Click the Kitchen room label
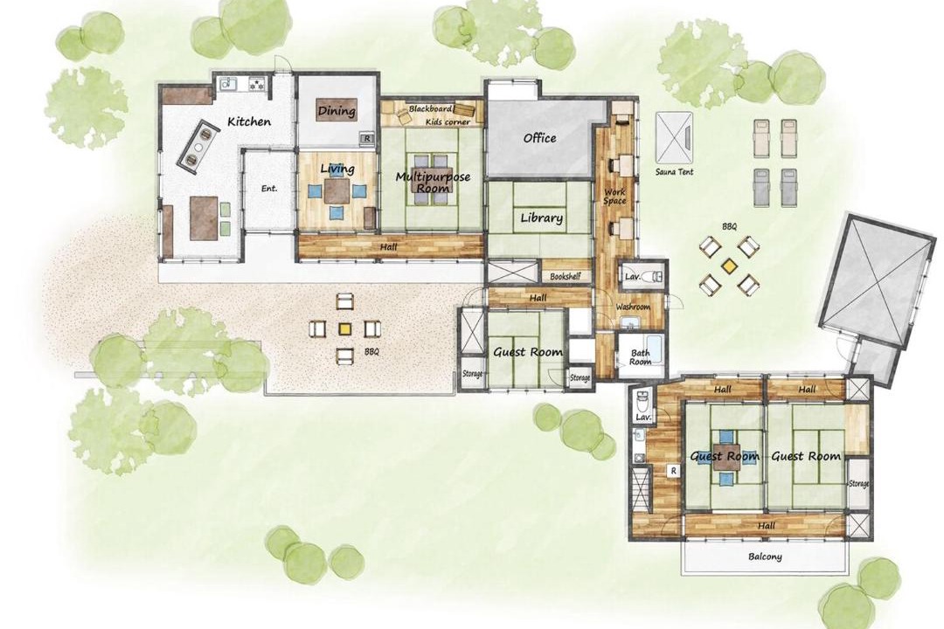(248, 121)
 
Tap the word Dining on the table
(337, 111)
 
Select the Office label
(539, 138)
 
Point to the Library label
(541, 218)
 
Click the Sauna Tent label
(674, 171)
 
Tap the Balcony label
(765, 556)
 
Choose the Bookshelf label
(566, 276)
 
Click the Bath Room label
(641, 357)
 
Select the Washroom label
(633, 307)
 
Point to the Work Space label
(614, 197)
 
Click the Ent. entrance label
(269, 189)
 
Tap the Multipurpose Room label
(433, 182)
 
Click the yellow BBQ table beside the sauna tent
(729, 265)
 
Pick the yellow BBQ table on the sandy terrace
(344, 328)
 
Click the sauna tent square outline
(674, 136)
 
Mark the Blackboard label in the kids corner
(430, 109)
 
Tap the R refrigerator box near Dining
(367, 139)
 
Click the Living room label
(337, 169)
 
